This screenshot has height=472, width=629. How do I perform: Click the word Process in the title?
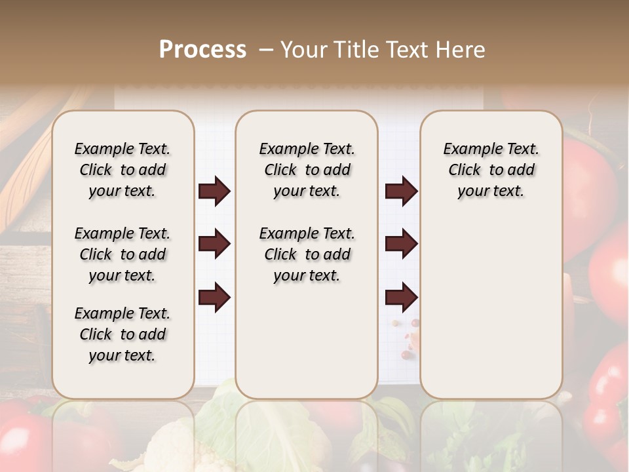tap(202, 50)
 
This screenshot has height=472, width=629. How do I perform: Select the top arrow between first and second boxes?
tap(214, 191)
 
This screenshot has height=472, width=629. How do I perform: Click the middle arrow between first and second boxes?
tap(214, 245)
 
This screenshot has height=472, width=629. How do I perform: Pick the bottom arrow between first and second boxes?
tap(214, 298)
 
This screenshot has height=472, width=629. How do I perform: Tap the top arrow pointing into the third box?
tap(401, 191)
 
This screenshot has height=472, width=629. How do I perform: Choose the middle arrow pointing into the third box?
tap(401, 245)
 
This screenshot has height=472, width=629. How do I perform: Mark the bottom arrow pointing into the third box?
tap(401, 298)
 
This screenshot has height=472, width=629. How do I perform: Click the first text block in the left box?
tap(123, 170)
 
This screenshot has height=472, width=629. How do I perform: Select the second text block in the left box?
tap(123, 254)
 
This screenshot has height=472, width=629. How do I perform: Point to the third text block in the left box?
tap(123, 334)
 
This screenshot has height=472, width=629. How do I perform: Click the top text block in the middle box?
tap(307, 170)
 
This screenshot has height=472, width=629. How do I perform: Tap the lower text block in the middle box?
tap(307, 254)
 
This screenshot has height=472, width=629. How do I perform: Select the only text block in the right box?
tap(491, 170)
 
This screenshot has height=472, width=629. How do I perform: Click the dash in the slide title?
tap(266, 50)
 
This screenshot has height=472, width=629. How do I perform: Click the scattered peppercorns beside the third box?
tap(410, 338)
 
